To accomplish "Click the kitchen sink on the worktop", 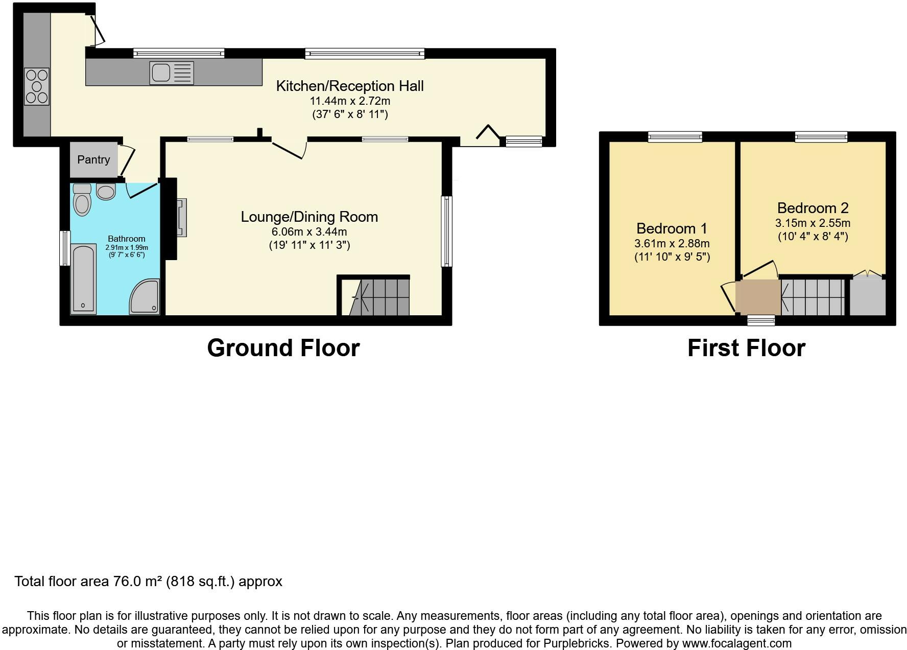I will pyautogui.click(x=172, y=73).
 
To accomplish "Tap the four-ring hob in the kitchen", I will pyautogui.click(x=37, y=86).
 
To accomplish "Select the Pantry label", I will pyautogui.click(x=93, y=159).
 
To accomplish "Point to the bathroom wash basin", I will pyautogui.click(x=106, y=192).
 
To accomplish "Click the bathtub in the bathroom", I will pyautogui.click(x=83, y=278).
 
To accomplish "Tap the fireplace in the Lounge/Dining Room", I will pyautogui.click(x=181, y=218).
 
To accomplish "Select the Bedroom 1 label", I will pyautogui.click(x=672, y=228).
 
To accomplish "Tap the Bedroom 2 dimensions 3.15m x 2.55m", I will pyautogui.click(x=813, y=223).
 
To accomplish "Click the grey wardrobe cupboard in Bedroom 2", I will pyautogui.click(x=867, y=297).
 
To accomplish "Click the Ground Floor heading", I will pyautogui.click(x=283, y=348).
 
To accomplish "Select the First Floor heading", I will pyautogui.click(x=746, y=348).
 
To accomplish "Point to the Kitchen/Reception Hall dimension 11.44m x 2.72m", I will pyautogui.click(x=350, y=101).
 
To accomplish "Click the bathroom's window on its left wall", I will pyautogui.click(x=65, y=248).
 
